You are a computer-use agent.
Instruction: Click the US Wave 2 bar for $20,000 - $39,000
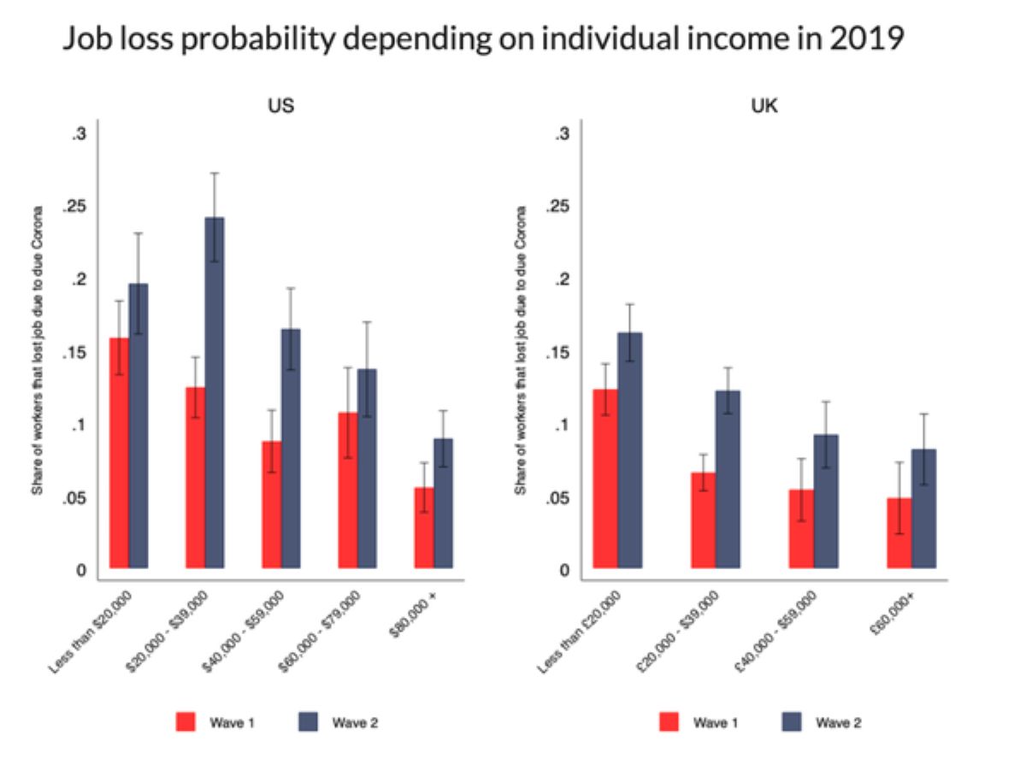click(215, 393)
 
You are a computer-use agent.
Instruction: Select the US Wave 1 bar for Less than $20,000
click(120, 453)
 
